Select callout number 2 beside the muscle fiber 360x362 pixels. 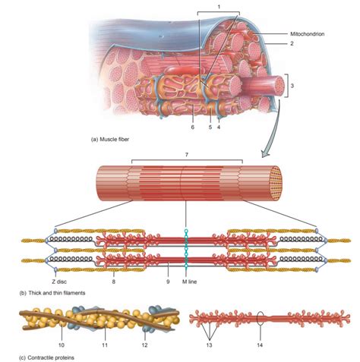[291, 46]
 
